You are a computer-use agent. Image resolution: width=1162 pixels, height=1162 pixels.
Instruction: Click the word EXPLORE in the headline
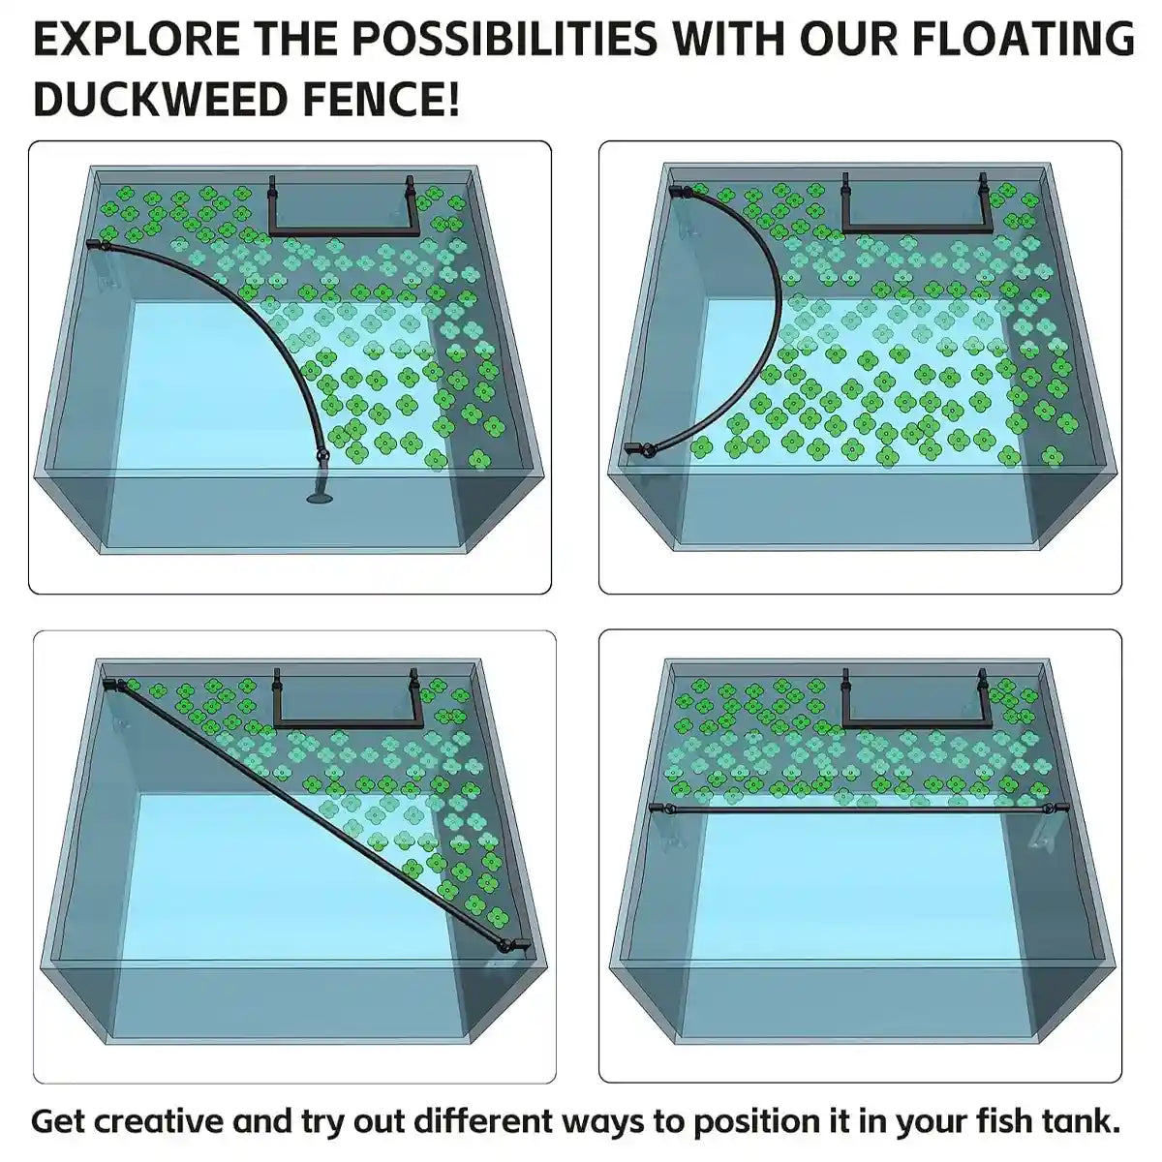[x=136, y=39]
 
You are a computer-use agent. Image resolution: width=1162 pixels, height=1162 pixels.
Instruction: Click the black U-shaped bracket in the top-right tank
[x=914, y=229]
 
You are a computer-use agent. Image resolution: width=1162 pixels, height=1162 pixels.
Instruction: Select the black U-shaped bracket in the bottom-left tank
[x=346, y=722]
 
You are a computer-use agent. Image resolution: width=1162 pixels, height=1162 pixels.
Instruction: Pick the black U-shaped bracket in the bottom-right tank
[x=914, y=722]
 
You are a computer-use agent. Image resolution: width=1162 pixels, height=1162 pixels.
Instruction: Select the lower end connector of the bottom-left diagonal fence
[x=511, y=946]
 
